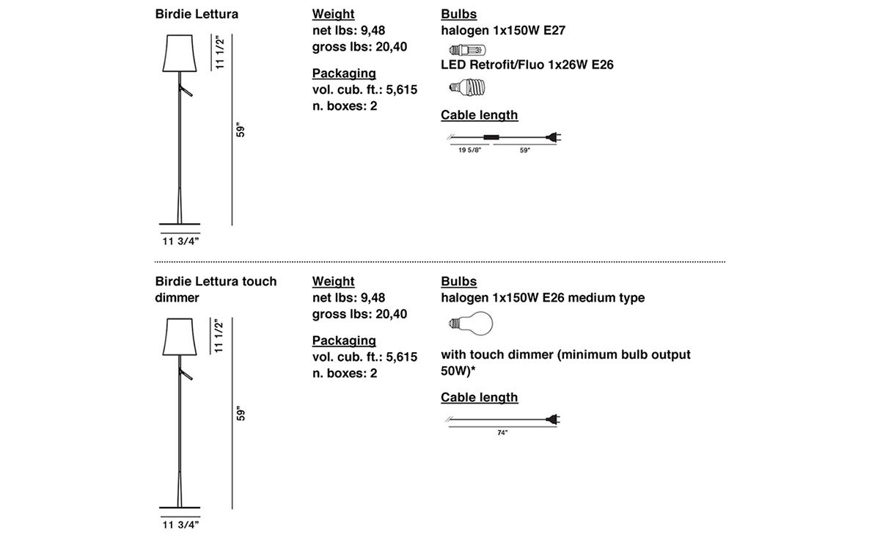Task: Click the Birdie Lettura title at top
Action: click(197, 14)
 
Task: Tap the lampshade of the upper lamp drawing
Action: click(180, 53)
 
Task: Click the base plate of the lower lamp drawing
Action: click(180, 508)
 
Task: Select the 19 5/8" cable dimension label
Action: click(469, 150)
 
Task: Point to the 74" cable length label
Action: click(502, 433)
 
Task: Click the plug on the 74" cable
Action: click(553, 420)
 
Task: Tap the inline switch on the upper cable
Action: click(491, 137)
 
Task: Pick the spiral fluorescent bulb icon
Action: click(467, 87)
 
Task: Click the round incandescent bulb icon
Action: click(471, 324)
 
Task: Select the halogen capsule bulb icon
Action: click(468, 50)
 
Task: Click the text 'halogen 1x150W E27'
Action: click(503, 30)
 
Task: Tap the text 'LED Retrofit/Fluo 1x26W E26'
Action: click(527, 65)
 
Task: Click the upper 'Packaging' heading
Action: click(344, 73)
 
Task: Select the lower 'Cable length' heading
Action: click(480, 398)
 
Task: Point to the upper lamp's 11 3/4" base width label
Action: click(180, 241)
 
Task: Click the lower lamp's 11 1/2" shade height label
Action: click(219, 335)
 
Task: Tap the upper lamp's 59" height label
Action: click(241, 131)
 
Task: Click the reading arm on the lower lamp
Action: click(186, 373)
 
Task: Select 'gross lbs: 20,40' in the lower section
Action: click(359, 314)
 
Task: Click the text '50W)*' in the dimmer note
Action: click(458, 371)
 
